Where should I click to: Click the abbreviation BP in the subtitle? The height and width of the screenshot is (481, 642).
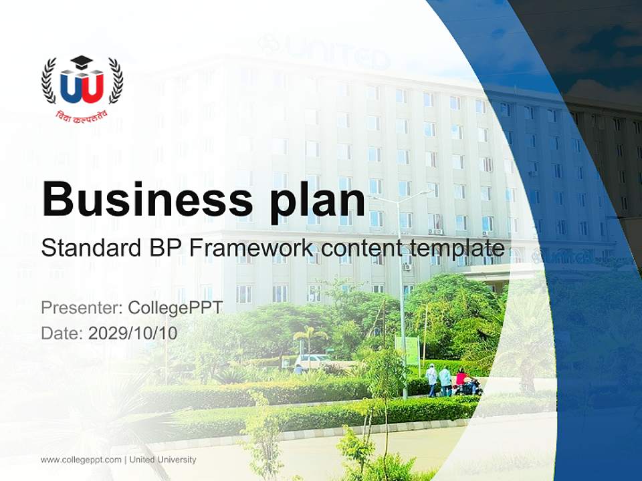[x=163, y=248]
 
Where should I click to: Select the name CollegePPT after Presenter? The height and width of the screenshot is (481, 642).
[x=175, y=308]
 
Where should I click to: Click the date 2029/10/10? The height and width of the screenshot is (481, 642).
[x=133, y=333]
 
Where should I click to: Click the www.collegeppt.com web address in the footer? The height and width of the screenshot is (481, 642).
[x=82, y=460]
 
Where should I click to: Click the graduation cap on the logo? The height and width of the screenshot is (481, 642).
[x=82, y=61]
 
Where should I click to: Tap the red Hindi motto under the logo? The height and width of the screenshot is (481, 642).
[x=82, y=114]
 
